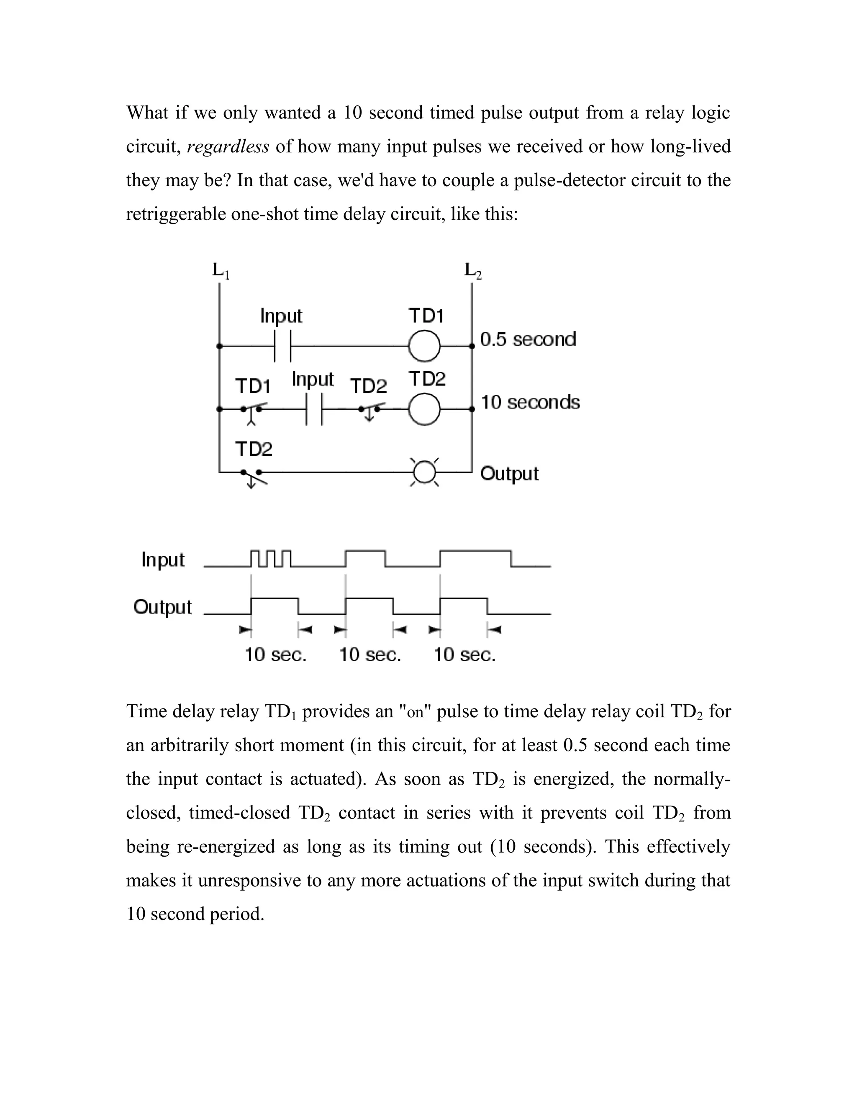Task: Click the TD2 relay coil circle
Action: point(424,409)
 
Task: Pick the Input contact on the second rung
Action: point(314,409)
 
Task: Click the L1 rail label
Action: point(221,271)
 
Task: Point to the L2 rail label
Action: point(473,271)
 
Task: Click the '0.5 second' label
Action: point(528,339)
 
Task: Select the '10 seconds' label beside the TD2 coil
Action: point(530,402)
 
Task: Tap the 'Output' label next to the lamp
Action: point(509,473)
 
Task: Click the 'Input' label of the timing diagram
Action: point(163,560)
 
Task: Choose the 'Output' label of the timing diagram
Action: point(163,607)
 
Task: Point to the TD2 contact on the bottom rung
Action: point(253,475)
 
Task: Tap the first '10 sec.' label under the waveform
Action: point(276,655)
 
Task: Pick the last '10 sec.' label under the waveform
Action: point(464,655)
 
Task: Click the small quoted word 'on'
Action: point(415,712)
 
